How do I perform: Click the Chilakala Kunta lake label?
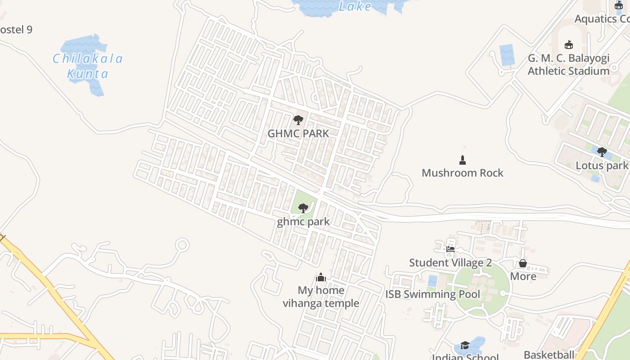(x=88, y=66)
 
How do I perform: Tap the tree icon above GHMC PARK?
(x=298, y=120)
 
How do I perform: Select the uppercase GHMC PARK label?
(x=298, y=134)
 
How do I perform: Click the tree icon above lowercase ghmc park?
(x=303, y=208)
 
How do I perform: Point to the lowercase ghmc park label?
(x=303, y=221)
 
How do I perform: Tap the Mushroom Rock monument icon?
(x=462, y=160)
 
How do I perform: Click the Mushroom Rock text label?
(x=462, y=173)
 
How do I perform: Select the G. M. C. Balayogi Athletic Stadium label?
(x=568, y=64)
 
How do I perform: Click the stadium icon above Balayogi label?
(x=569, y=45)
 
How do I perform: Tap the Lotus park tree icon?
(x=602, y=152)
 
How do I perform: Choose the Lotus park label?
(x=602, y=166)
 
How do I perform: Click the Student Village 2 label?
(x=450, y=263)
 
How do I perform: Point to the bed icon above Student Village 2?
(x=450, y=249)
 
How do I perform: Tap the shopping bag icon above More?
(x=523, y=263)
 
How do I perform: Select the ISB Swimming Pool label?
(x=432, y=294)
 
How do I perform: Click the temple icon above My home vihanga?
(x=321, y=277)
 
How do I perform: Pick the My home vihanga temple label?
(x=321, y=297)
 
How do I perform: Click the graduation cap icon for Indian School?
(x=465, y=345)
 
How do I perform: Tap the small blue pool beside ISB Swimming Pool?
(x=432, y=281)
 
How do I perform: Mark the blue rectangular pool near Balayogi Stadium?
(x=507, y=55)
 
